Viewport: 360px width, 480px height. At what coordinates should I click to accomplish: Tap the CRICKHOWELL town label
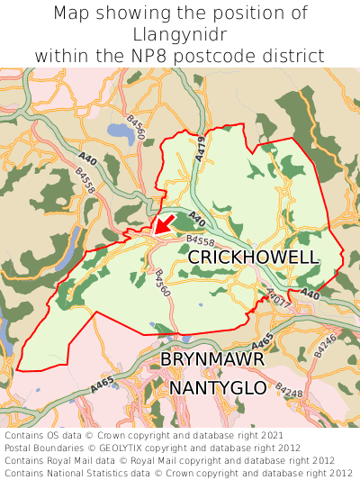252,258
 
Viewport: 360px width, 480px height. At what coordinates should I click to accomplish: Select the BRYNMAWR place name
211,360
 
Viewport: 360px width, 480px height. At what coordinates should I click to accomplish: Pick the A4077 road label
277,299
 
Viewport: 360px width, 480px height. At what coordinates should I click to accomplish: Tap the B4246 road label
327,341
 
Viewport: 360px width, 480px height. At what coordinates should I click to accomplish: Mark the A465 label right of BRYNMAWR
263,342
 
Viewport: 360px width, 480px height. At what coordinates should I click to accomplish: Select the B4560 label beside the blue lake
136,126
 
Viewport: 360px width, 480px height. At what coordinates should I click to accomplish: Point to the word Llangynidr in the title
179,34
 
